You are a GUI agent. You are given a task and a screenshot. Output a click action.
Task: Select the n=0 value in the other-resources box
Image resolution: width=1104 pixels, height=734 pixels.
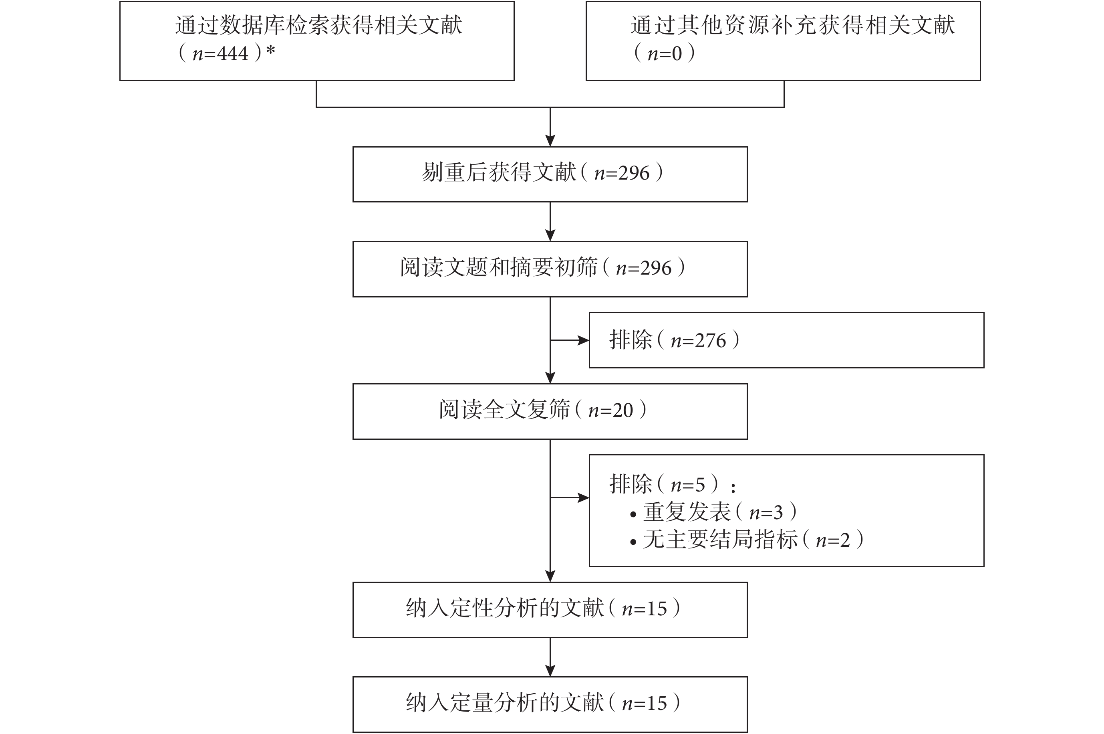pyautogui.click(x=664, y=54)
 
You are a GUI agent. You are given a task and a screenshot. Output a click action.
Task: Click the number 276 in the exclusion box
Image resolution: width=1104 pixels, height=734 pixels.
pyautogui.click(x=711, y=341)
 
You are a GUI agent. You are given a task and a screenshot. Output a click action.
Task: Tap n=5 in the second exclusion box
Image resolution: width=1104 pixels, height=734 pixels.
pyautogui.click(x=688, y=485)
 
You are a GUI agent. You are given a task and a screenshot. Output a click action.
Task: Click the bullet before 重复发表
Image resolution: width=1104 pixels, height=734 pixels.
pyautogui.click(x=633, y=514)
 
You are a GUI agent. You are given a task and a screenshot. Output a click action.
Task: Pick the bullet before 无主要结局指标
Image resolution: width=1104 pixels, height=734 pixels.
pyautogui.click(x=633, y=542)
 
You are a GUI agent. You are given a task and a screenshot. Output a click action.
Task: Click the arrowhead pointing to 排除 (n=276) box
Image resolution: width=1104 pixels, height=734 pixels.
pyautogui.click(x=583, y=340)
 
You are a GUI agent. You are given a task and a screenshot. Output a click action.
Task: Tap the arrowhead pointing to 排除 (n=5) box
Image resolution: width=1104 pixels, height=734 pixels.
pyautogui.click(x=583, y=497)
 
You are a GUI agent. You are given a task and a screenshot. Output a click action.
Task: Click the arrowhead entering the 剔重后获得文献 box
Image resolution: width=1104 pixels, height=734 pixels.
pyautogui.click(x=550, y=140)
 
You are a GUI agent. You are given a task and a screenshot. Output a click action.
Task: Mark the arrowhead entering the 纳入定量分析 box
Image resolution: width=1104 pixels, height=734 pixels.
pyautogui.click(x=550, y=670)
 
